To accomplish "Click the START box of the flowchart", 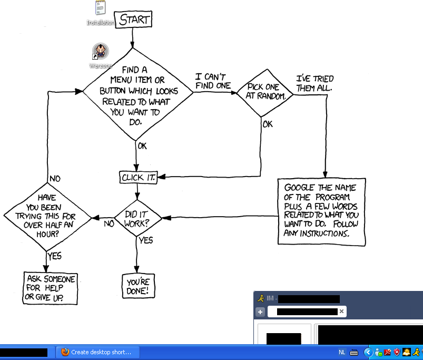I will pos(134,20).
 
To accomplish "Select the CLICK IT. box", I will pos(139,178).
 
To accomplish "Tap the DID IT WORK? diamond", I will pos(136,218).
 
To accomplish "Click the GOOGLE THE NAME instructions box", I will pos(321,211).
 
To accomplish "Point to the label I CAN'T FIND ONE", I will pos(213,81).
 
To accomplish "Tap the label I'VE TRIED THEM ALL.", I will pos(314,83).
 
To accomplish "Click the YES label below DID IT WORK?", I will pos(145,240).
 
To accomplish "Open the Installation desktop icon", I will pos(101,8).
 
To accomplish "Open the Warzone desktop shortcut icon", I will pos(101,52).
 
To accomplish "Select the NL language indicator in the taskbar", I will pos(342,352).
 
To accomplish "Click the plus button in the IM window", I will pos(260,312).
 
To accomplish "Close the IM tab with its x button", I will pos(341,312).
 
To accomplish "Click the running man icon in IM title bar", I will pos(260,298).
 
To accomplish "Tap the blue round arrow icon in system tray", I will pos(368,352).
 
